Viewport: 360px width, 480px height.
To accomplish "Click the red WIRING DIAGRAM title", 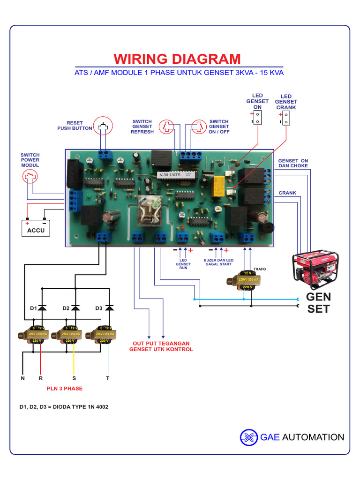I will (177, 59).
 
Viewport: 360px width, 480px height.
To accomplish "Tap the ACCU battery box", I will (36, 228).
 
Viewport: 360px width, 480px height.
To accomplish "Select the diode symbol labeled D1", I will (42, 307).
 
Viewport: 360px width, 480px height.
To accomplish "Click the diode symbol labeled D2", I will (75, 307).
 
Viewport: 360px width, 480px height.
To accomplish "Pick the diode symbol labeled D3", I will (109, 307).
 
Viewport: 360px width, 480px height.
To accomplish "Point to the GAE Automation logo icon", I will (249, 437).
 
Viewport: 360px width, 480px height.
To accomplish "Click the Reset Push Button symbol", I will (104, 126).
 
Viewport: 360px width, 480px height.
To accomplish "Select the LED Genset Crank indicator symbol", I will (286, 119).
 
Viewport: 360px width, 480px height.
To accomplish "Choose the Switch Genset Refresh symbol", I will (166, 126).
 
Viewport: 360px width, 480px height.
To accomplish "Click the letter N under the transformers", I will (22, 378).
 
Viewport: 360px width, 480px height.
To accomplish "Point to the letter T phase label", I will (108, 378).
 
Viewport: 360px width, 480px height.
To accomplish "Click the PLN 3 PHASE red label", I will (65, 389).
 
